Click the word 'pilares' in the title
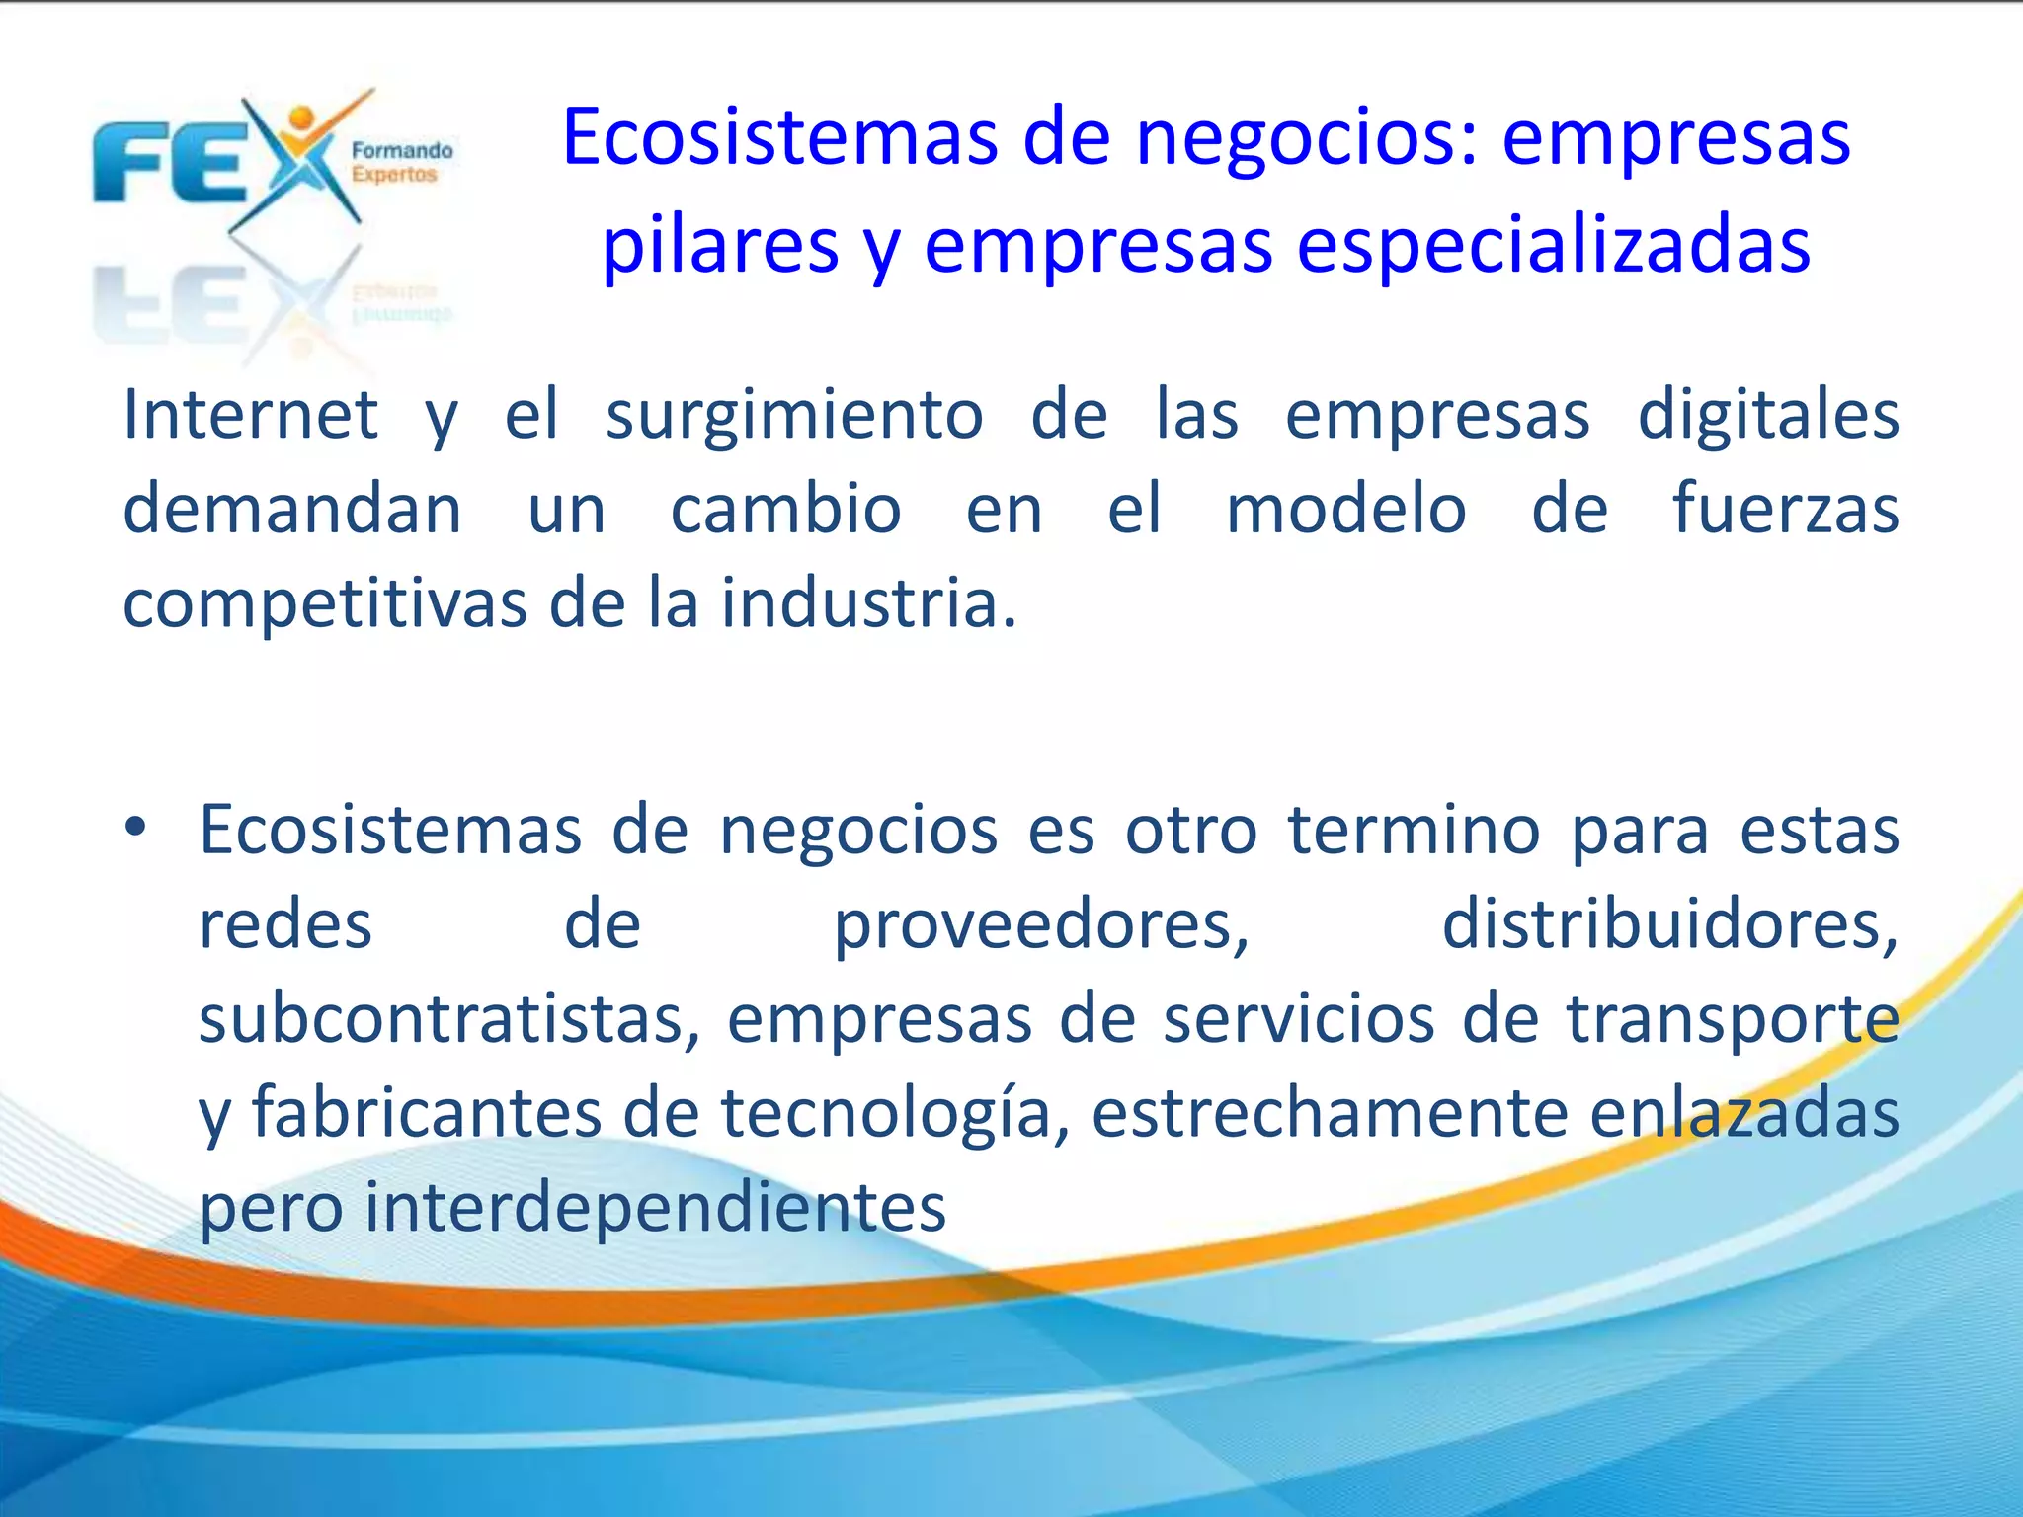click(x=720, y=245)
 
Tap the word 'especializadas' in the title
click(x=1553, y=245)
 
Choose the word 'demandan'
click(x=292, y=510)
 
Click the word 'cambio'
click(x=785, y=510)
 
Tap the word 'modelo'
click(x=1345, y=510)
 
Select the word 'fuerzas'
click(x=1785, y=510)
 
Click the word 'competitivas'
click(x=325, y=602)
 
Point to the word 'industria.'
click(x=868, y=602)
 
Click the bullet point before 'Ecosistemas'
click(x=135, y=828)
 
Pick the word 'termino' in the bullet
click(x=1414, y=830)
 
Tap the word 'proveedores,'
click(x=1042, y=925)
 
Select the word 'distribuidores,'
click(x=1669, y=925)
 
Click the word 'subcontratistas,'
click(x=449, y=1018)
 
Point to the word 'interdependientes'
click(x=655, y=1207)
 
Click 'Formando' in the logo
click(x=402, y=151)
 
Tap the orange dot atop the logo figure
click(x=302, y=118)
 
